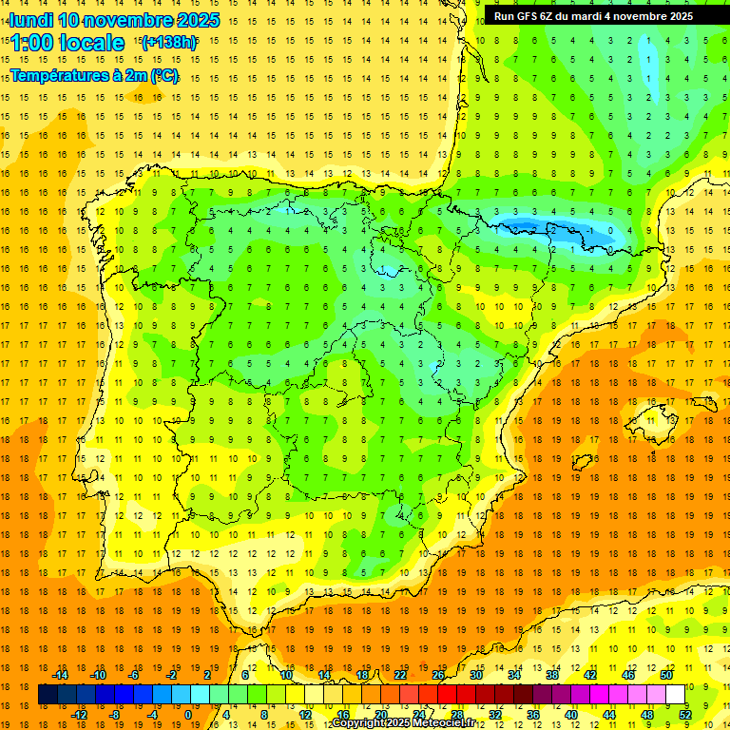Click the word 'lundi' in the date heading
click(30, 20)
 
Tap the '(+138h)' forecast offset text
click(168, 42)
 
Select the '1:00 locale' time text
click(67, 43)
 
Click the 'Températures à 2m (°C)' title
click(94, 76)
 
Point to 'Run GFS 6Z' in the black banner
click(528, 16)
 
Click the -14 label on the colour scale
click(60, 675)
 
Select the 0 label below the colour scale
click(188, 715)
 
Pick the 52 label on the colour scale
click(685, 715)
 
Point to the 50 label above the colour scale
click(666, 675)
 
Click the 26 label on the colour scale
click(438, 675)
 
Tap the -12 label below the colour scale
click(79, 715)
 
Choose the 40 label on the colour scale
click(571, 715)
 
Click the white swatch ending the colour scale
click(676, 695)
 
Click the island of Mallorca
click(664, 416)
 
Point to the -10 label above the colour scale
click(98, 675)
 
